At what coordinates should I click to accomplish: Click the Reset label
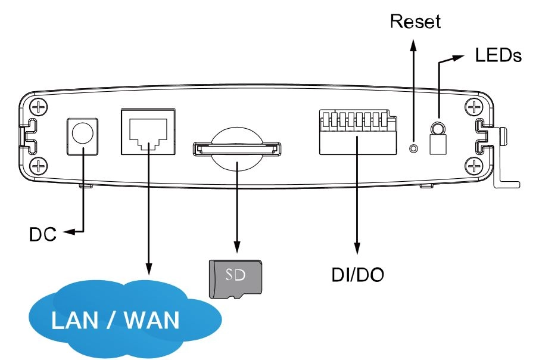click(x=415, y=21)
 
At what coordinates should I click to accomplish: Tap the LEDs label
click(x=498, y=55)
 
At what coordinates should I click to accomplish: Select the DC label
click(x=43, y=234)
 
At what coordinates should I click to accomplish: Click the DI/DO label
click(x=357, y=274)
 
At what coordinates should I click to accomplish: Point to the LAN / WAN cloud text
click(x=115, y=320)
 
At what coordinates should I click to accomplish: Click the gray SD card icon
click(x=235, y=279)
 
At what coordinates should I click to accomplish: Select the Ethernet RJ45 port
click(x=148, y=132)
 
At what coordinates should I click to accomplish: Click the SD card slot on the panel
click(x=237, y=149)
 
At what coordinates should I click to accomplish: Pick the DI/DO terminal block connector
click(x=358, y=132)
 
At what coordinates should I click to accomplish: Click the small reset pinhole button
click(x=414, y=148)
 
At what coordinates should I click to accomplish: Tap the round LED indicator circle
click(x=438, y=129)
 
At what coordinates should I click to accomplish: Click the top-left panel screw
click(x=39, y=107)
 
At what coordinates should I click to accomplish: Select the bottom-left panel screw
click(x=39, y=166)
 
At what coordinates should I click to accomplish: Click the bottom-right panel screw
click(x=474, y=166)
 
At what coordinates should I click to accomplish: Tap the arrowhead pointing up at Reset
click(x=414, y=45)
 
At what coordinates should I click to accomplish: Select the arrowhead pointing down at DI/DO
click(x=357, y=248)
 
